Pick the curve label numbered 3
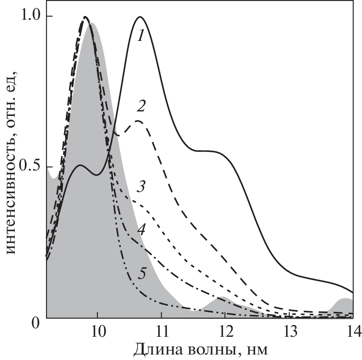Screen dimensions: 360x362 (141, 186)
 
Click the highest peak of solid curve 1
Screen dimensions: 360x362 (140, 17)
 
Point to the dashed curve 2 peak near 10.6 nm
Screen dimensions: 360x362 (138, 121)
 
